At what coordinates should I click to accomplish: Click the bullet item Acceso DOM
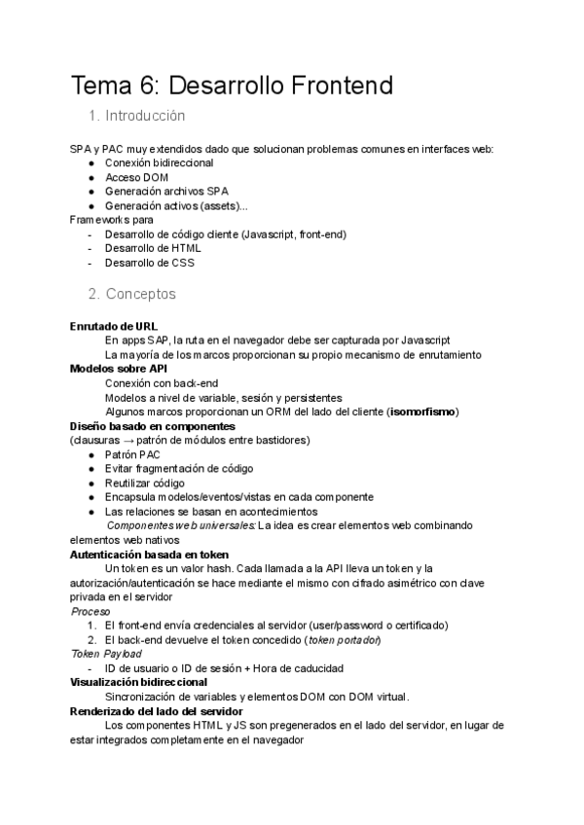136,177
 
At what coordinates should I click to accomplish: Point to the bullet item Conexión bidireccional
159,162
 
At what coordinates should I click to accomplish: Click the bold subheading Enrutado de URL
114,326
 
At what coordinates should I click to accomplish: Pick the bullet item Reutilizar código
144,483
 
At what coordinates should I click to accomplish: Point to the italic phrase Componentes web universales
180,525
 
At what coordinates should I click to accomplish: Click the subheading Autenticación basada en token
149,554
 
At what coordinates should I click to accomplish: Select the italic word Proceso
91,611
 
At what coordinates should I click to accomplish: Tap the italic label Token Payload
106,654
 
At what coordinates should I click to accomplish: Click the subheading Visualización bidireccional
138,682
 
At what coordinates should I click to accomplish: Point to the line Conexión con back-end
148,383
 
